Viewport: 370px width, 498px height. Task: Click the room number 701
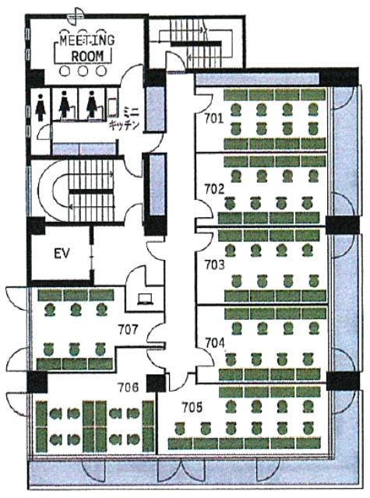[x=213, y=119]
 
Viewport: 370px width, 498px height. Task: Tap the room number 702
[x=214, y=189]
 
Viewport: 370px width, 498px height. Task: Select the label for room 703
[x=214, y=265]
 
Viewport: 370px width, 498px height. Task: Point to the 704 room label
[x=214, y=343]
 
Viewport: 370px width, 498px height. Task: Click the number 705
[x=192, y=408]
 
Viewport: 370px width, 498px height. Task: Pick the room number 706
[x=128, y=388]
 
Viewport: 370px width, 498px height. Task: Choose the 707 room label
[x=128, y=329]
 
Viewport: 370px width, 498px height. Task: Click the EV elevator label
[x=62, y=254]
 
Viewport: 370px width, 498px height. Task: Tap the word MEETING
[x=87, y=40]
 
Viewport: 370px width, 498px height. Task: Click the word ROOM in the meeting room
[x=87, y=56]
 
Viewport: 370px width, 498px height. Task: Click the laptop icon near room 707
[x=145, y=299]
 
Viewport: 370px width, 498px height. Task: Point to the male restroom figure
[x=41, y=107]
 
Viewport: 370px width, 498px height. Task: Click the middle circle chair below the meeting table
[x=83, y=71]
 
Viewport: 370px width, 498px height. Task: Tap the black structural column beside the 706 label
[x=156, y=384]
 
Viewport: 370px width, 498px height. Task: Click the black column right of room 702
[x=343, y=225]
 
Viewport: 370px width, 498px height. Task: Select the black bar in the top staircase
[x=196, y=44]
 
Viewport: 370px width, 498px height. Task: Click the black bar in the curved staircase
[x=91, y=191]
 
